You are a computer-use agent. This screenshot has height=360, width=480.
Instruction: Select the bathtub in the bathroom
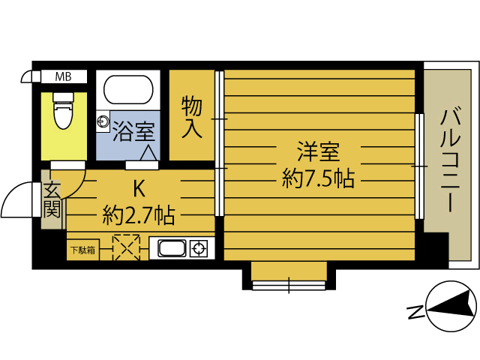[128, 91]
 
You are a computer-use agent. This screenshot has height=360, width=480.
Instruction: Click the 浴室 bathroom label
[133, 132]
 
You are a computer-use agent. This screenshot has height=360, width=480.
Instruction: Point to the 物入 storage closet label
[192, 116]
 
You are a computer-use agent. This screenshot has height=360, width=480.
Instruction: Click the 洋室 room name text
[318, 152]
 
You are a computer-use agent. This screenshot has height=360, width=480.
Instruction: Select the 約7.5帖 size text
[318, 178]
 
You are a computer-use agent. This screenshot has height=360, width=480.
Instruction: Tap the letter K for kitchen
[139, 187]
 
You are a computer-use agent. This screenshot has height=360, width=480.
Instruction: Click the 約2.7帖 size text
[139, 217]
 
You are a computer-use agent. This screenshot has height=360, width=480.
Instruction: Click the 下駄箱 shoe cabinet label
[82, 250]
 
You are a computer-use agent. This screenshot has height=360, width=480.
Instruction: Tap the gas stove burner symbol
[199, 248]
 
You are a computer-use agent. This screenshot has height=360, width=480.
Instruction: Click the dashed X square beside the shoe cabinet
[127, 248]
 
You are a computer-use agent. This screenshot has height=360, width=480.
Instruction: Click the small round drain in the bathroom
[102, 121]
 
